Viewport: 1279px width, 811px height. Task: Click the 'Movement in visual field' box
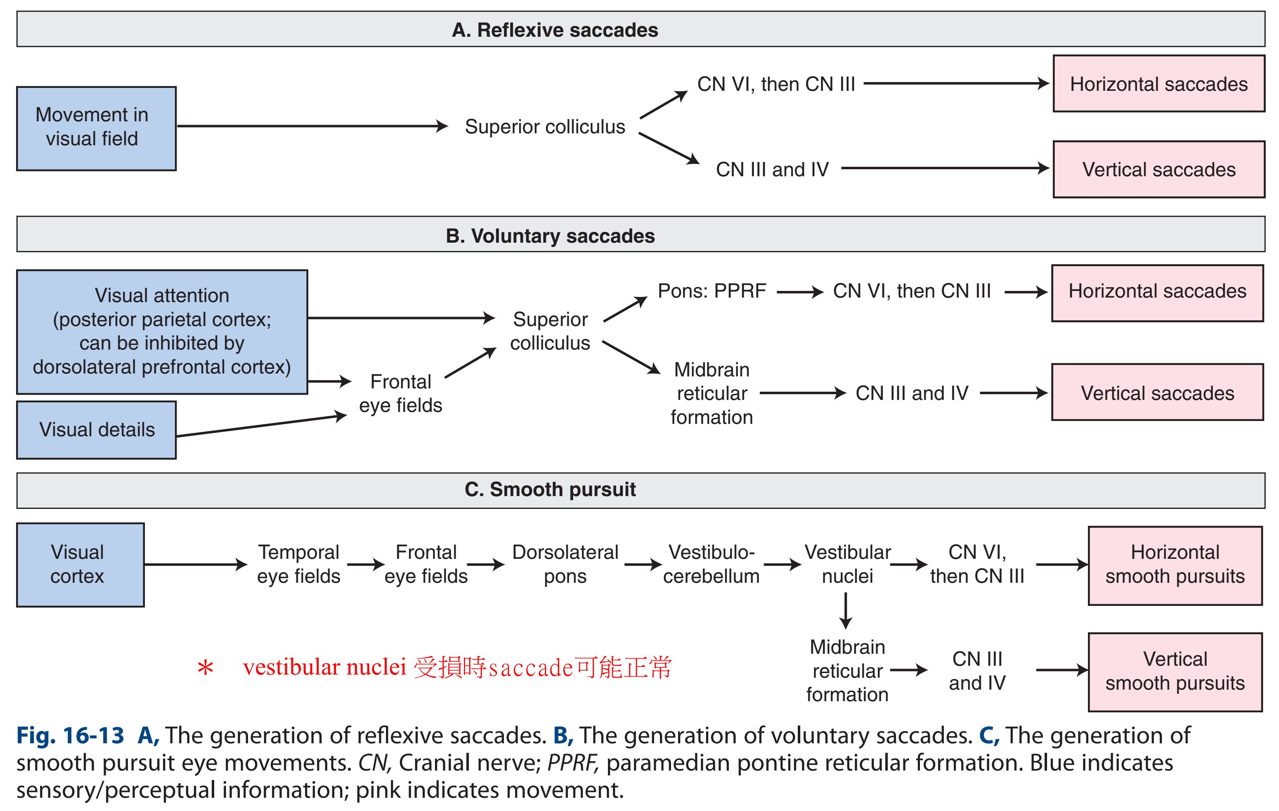(96, 128)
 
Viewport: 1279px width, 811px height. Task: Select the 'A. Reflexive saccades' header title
(555, 30)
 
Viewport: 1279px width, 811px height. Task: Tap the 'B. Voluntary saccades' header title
(550, 236)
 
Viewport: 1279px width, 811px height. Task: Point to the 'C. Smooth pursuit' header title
(550, 489)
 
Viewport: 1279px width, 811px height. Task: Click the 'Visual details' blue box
(96, 430)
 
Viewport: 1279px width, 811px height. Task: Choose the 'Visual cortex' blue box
(80, 564)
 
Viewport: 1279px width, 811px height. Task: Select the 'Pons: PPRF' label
(712, 291)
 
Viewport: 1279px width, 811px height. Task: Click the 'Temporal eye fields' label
(298, 564)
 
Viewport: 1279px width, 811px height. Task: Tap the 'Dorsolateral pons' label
(565, 564)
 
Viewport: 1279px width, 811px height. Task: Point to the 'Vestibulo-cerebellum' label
(711, 564)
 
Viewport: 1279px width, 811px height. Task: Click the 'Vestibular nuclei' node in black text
(847, 564)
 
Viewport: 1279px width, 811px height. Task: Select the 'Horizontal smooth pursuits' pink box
(1175, 565)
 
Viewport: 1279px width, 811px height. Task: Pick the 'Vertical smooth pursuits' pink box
(1175, 671)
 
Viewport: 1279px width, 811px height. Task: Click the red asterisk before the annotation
(205, 668)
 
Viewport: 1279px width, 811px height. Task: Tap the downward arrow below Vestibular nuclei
(846, 611)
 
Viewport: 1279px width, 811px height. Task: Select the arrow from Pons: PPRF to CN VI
(799, 291)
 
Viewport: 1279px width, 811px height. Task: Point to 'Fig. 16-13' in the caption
(70, 735)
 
